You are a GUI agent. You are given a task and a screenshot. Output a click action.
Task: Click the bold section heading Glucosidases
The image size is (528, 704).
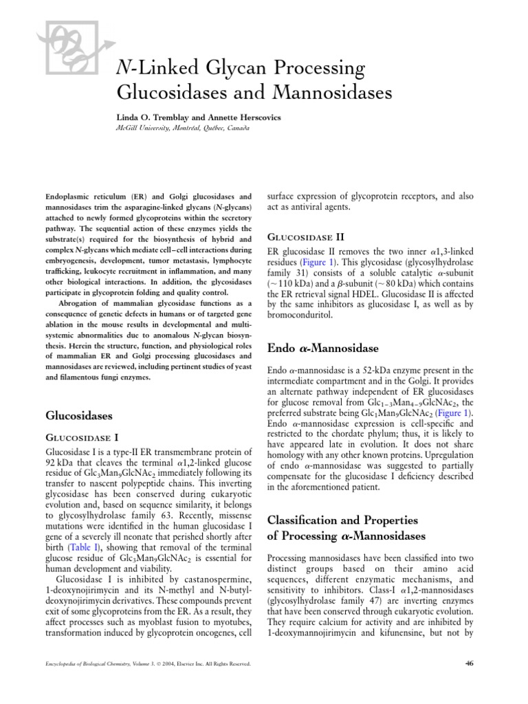(78, 415)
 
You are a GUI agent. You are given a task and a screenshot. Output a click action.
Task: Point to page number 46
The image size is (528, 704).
(470, 663)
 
